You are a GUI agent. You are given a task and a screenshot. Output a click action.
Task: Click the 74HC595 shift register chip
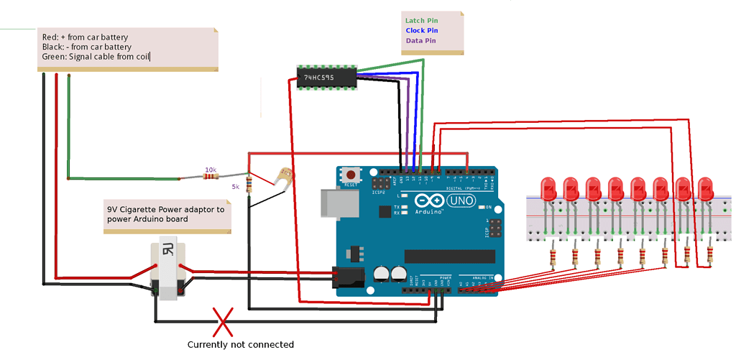pyautogui.click(x=327, y=78)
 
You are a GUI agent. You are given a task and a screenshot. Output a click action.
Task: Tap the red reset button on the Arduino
pyautogui.click(x=351, y=175)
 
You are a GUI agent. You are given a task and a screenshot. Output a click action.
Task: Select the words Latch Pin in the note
pyautogui.click(x=422, y=21)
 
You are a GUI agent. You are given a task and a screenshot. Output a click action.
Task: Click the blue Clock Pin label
pyautogui.click(x=421, y=31)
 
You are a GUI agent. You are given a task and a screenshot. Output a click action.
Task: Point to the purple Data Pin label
pyautogui.click(x=420, y=41)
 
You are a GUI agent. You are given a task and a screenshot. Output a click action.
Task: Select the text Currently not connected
pyautogui.click(x=240, y=345)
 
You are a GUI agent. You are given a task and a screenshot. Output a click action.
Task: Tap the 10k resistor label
pyautogui.click(x=211, y=170)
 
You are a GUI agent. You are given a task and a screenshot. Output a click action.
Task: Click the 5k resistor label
pyautogui.click(x=235, y=187)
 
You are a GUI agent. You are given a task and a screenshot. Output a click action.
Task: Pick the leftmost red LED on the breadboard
pyautogui.click(x=549, y=189)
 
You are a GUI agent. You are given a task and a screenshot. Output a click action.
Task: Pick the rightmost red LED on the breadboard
pyautogui.click(x=706, y=189)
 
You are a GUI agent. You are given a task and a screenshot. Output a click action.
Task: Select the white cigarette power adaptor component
pyautogui.click(x=167, y=272)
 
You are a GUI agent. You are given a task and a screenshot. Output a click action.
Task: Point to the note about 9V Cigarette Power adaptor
pyautogui.click(x=165, y=214)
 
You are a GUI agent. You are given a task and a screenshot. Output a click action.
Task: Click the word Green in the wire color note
pyautogui.click(x=55, y=57)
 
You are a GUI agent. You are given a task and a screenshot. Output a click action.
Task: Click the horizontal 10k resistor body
pyautogui.click(x=210, y=177)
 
